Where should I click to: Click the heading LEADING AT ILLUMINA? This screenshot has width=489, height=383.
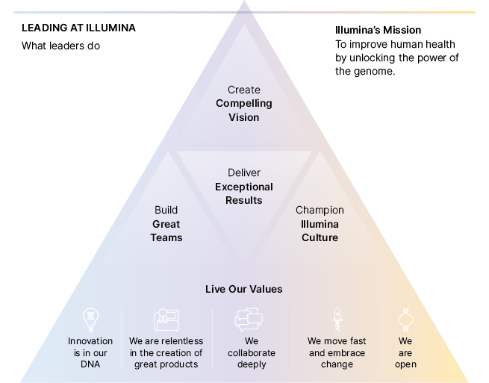click(78, 28)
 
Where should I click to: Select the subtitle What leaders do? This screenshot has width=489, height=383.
click(61, 46)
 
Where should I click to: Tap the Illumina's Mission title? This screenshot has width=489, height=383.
click(379, 31)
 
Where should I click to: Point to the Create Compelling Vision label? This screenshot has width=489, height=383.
click(244, 103)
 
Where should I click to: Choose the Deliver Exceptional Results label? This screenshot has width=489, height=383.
click(244, 187)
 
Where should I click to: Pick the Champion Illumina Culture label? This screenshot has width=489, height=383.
click(320, 224)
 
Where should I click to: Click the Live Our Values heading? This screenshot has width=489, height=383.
click(244, 289)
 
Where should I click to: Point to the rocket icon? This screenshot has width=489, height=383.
click(337, 320)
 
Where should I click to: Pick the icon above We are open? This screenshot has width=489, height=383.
click(405, 320)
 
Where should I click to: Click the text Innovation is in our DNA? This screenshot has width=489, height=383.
click(90, 352)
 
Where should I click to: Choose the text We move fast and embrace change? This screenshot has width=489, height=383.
click(337, 352)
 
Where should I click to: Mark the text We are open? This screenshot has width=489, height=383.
click(405, 352)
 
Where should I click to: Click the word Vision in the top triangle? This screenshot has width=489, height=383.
click(244, 117)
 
